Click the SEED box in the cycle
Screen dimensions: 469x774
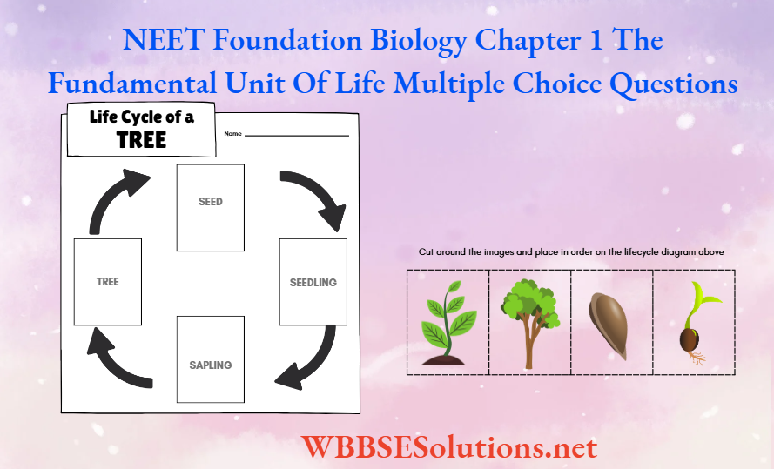(x=211, y=207)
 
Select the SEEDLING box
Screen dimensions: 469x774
(x=313, y=282)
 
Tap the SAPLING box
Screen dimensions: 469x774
(x=211, y=359)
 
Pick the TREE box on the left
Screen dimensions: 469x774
(x=108, y=282)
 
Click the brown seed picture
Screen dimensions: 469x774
(x=610, y=322)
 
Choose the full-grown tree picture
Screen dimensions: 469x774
(x=528, y=322)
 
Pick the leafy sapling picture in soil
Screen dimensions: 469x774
(x=448, y=322)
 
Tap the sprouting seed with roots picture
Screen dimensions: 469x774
(x=694, y=322)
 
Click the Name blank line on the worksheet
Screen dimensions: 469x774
(x=296, y=135)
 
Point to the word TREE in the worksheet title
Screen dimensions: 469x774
(x=141, y=139)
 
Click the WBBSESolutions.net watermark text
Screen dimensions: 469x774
(x=449, y=446)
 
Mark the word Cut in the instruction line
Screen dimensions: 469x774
(x=426, y=252)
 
